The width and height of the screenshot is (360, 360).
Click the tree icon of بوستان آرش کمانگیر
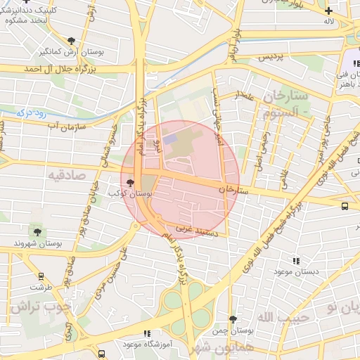[x=72, y=41]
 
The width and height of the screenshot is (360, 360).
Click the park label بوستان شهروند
[x=38, y=243]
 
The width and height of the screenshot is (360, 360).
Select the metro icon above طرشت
[x=40, y=277]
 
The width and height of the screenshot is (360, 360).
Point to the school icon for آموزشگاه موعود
[x=146, y=333]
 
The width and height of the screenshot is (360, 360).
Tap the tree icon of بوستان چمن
[x=233, y=319]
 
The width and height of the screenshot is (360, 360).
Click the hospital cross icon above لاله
[x=328, y=10]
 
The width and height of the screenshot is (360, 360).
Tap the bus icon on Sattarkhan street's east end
[x=345, y=206]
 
